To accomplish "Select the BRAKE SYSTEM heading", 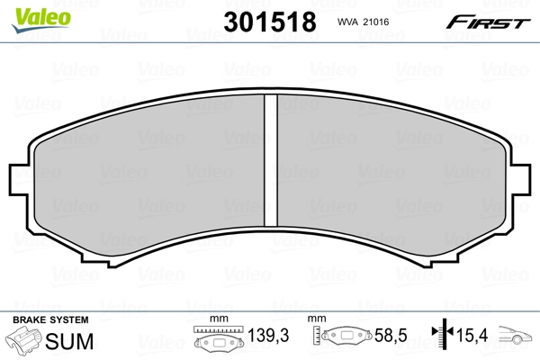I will click(49, 320).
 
